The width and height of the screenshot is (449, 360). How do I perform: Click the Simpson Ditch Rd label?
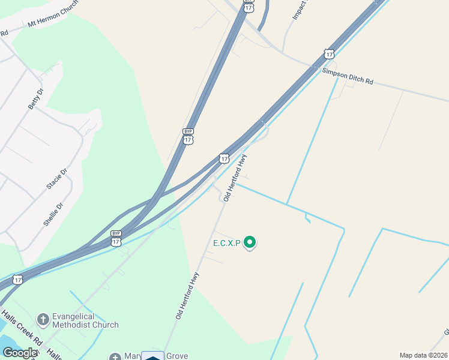tap(348, 76)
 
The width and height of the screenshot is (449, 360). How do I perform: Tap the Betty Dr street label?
tap(35, 98)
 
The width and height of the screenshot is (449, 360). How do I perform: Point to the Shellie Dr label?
tap(53, 214)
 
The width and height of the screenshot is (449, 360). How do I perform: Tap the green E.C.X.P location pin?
tap(250, 242)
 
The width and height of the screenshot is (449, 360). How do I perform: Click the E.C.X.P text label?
tap(226, 244)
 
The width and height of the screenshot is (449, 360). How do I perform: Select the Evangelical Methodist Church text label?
tap(85, 320)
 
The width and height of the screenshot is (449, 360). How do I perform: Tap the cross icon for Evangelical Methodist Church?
tap(43, 319)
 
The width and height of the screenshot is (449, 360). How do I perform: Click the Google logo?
tap(19, 353)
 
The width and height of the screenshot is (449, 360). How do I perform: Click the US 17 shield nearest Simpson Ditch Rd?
tap(328, 54)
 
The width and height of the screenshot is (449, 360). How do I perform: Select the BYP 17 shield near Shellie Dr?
tap(116, 239)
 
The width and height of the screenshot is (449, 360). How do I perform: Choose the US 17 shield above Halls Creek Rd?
tap(18, 280)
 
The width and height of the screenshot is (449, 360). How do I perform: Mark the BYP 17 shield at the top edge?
tap(248, 5)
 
